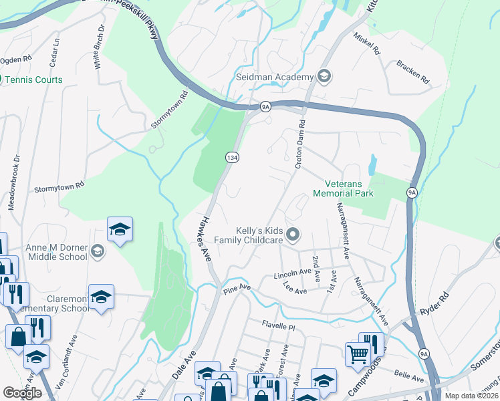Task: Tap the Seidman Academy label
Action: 275,77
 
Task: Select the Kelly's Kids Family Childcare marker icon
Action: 293,235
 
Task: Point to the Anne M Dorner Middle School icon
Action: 98,251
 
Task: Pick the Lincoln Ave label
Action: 293,275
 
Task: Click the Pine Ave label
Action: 237,288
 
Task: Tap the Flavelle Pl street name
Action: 278,327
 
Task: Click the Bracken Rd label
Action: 412,72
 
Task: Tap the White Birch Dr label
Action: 99,47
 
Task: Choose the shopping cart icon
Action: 358,354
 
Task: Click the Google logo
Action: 23,393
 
